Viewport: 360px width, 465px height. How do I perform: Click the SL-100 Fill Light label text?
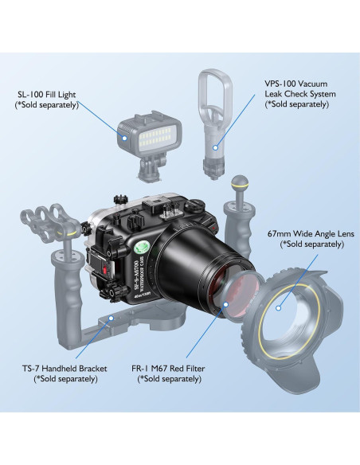pyautogui.click(x=47, y=100)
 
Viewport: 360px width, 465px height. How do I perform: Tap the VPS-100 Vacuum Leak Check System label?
pyautogui.click(x=300, y=94)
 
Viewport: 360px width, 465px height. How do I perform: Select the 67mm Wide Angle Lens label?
pyautogui.click(x=311, y=239)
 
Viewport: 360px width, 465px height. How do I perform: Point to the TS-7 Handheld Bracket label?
pyautogui.click(x=65, y=373)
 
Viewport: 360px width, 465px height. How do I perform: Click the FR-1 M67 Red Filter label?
pyautogui.click(x=168, y=373)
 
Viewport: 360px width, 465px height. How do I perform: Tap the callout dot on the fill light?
pyautogui.click(x=125, y=138)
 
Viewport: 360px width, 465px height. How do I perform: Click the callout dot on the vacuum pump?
pyautogui.click(x=216, y=147)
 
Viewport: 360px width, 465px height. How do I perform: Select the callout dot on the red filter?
pyautogui.click(x=225, y=304)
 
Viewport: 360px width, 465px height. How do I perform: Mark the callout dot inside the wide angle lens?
pyautogui.click(x=278, y=308)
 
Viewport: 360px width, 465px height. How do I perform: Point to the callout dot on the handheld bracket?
pyautogui.click(x=112, y=318)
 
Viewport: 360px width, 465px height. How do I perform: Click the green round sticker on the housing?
pyautogui.click(x=143, y=247)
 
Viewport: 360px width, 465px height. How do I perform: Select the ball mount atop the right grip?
pyautogui.click(x=239, y=184)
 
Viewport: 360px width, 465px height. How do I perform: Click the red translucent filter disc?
pyautogui.click(x=241, y=296)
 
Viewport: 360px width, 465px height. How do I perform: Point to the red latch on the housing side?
pyautogui.click(x=104, y=270)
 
